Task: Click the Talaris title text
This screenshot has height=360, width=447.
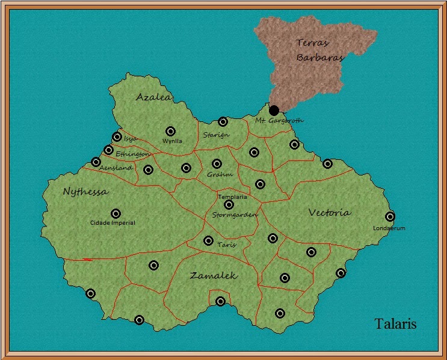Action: (396, 324)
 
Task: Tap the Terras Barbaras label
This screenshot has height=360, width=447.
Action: (319, 50)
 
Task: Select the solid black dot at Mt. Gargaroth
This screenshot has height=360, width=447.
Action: (274, 111)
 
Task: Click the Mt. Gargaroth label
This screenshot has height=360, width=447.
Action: (279, 121)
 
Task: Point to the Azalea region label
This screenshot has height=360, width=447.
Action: (153, 97)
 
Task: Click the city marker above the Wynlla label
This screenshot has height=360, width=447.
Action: (170, 131)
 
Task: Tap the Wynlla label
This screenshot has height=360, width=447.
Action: (172, 141)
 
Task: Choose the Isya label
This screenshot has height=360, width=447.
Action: (131, 138)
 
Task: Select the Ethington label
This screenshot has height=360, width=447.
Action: (132, 154)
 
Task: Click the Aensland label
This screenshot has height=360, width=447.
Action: (116, 168)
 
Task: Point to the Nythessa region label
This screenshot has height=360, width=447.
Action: (86, 192)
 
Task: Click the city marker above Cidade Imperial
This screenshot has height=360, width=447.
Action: (116, 213)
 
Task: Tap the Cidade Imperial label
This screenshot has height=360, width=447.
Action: (113, 223)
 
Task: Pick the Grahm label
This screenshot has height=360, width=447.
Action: (219, 174)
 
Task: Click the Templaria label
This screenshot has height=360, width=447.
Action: (233, 197)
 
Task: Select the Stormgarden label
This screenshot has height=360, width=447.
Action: (235, 215)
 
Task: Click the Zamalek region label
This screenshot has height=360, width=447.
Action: (214, 276)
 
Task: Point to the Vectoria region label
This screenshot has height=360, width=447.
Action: (330, 212)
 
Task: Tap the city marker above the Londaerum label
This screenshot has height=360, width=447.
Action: (390, 216)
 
